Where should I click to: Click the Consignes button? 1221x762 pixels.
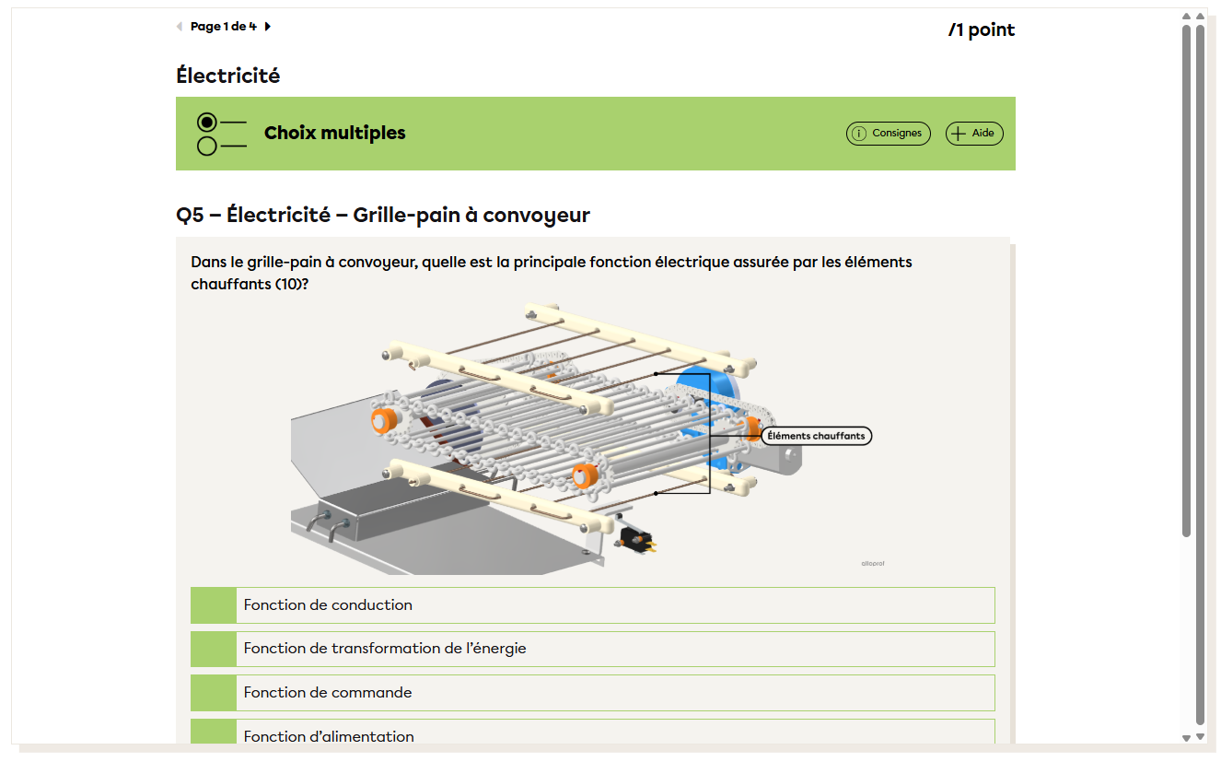click(x=888, y=133)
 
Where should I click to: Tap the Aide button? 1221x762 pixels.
click(x=974, y=133)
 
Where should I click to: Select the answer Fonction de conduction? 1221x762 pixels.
click(x=592, y=605)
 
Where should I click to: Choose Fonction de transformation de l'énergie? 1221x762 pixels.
click(x=592, y=649)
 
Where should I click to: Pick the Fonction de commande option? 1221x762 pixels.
click(x=592, y=693)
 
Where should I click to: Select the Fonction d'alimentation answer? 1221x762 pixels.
click(x=592, y=732)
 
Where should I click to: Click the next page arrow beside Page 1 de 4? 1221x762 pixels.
click(x=268, y=26)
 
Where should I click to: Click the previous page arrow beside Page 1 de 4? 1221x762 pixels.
click(x=180, y=26)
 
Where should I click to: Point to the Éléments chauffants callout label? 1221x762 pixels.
click(x=816, y=436)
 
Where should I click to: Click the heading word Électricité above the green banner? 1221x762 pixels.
click(x=227, y=76)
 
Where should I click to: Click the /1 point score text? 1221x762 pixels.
click(x=982, y=29)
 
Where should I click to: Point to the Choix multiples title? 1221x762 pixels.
click(x=334, y=133)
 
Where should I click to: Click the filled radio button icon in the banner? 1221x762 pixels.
click(x=207, y=122)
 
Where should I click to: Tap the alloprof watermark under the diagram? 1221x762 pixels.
click(x=873, y=564)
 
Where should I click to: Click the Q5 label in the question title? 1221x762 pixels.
click(x=190, y=216)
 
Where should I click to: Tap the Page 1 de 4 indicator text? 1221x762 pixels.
click(x=224, y=26)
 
